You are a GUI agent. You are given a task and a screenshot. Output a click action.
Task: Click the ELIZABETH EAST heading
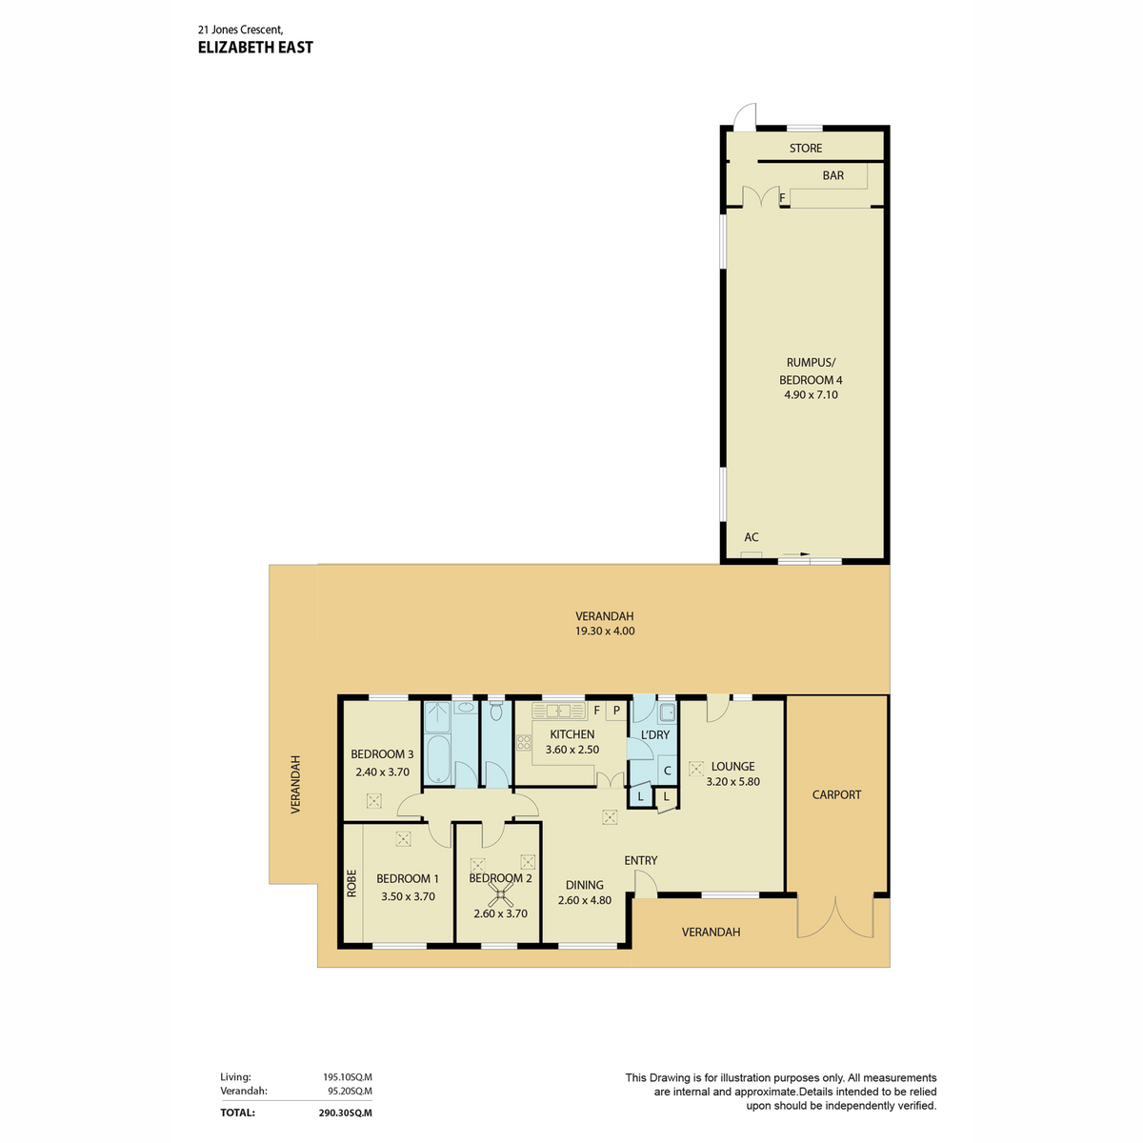point(255,48)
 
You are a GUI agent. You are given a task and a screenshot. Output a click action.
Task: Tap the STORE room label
point(805,149)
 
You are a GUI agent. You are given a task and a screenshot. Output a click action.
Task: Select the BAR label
point(832,175)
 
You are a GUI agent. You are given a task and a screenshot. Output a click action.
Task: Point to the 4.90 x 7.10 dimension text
point(811,395)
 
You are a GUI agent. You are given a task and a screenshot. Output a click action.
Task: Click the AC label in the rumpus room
point(751,537)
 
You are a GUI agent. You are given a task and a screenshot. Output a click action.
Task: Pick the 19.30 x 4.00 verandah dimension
point(605,632)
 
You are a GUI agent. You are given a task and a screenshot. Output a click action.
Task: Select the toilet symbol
point(496,712)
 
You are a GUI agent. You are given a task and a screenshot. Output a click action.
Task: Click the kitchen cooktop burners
point(524,743)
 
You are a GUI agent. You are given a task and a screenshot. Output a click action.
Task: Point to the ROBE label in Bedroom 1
point(351,883)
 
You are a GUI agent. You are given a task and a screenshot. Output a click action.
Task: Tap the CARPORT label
point(836,794)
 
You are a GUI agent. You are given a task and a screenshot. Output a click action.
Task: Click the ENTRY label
point(641,861)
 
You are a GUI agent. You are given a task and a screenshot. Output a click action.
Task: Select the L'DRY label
point(654,735)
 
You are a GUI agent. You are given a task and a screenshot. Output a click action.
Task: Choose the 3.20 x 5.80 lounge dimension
point(733,782)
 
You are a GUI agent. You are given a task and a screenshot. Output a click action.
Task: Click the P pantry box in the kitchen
point(616,711)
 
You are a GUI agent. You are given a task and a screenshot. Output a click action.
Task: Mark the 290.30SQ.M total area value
point(345,1113)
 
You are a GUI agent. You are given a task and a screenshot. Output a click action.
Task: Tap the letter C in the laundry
point(668,772)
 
